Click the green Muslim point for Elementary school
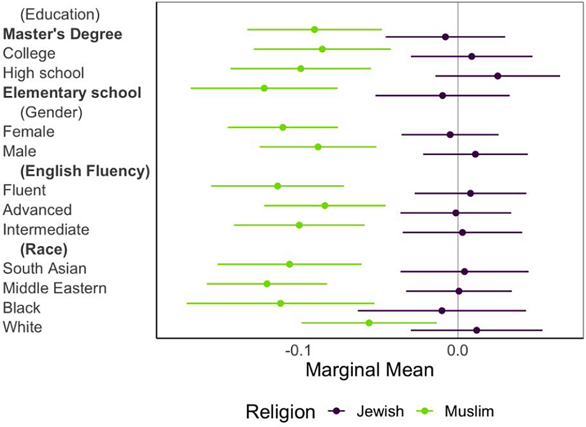(x=264, y=88)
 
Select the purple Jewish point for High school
(x=498, y=76)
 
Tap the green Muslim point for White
(x=369, y=323)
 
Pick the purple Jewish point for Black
(x=442, y=311)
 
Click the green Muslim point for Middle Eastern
(x=267, y=284)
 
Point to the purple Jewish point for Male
(x=475, y=154)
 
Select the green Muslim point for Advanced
(x=325, y=205)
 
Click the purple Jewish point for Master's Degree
(x=445, y=37)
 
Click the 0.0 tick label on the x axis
(x=458, y=350)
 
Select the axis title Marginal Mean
(x=369, y=370)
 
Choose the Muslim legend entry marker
(x=426, y=411)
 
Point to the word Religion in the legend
(x=280, y=412)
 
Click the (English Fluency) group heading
(x=85, y=171)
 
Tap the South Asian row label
(x=45, y=268)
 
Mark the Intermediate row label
(x=46, y=229)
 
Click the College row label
(x=29, y=53)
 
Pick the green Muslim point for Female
(x=283, y=127)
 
